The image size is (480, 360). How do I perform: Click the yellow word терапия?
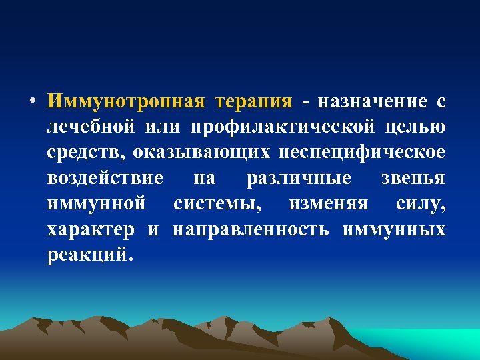[x=254, y=101]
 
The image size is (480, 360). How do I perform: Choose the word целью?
[x=417, y=127]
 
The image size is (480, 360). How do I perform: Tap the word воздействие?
[x=105, y=179]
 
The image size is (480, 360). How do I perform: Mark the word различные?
[x=299, y=179]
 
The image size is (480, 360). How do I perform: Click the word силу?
[x=420, y=204]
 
